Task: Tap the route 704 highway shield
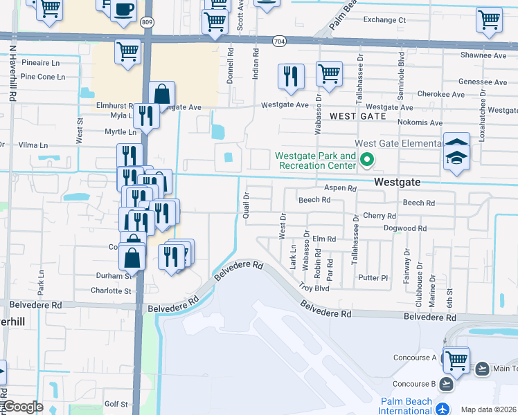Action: (279, 41)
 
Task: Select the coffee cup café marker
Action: (123, 9)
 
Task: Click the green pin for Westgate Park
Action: (366, 161)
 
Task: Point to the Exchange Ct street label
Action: (384, 20)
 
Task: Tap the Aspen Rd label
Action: (339, 188)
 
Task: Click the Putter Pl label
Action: (373, 278)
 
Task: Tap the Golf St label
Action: (116, 404)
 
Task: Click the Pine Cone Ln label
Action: (43, 77)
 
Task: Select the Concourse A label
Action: (415, 358)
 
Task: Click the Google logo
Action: (23, 407)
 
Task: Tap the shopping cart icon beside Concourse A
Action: (456, 360)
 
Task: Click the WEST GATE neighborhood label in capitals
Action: (358, 116)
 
